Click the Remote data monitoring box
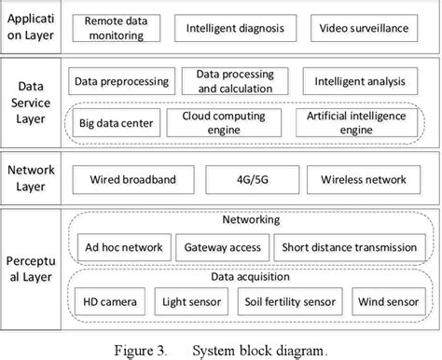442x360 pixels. click(114, 28)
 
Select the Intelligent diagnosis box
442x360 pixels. click(234, 28)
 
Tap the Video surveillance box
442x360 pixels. click(364, 28)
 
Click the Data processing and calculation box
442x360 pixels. click(235, 81)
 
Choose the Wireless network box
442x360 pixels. click(363, 178)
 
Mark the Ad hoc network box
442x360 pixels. click(123, 248)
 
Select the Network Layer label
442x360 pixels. click(32, 178)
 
